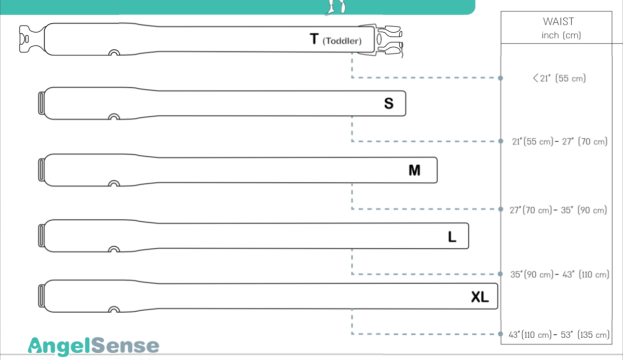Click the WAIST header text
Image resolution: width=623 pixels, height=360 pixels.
(x=558, y=21)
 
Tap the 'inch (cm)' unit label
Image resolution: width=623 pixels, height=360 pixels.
(x=561, y=35)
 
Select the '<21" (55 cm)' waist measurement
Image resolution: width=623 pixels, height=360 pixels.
(x=559, y=78)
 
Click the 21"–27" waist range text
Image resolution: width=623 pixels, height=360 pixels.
(x=560, y=142)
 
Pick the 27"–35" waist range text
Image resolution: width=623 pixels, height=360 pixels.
(x=558, y=210)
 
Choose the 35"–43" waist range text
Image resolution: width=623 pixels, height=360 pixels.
(x=560, y=275)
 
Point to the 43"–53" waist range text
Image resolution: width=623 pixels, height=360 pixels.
(x=559, y=335)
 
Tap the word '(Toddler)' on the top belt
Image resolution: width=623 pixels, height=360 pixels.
(x=342, y=41)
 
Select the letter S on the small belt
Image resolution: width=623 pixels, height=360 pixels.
(x=389, y=103)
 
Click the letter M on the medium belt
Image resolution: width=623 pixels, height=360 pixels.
(x=414, y=170)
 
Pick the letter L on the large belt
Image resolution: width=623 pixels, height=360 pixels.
(x=452, y=237)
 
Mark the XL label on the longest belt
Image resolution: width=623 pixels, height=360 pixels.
(x=480, y=297)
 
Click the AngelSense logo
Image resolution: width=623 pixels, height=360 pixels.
(x=93, y=346)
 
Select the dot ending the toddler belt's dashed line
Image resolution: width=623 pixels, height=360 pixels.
(x=500, y=78)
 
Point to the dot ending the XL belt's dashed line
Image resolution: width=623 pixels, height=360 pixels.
(x=500, y=334)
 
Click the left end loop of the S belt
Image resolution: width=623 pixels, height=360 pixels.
(x=41, y=103)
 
